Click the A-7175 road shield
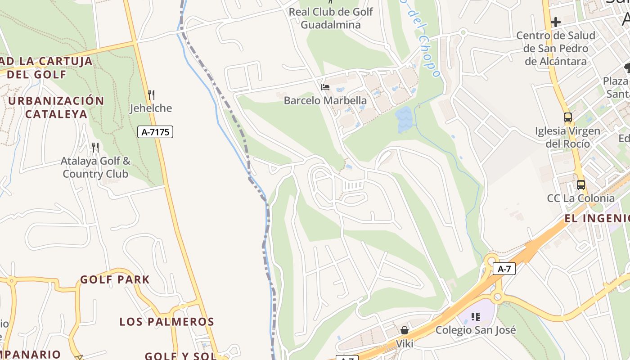(155, 132)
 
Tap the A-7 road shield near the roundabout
(504, 269)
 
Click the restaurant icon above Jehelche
(151, 95)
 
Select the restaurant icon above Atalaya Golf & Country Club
(95, 148)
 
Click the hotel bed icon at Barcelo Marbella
(325, 87)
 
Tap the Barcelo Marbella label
(325, 101)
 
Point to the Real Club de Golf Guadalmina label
(331, 18)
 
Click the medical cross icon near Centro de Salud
(556, 22)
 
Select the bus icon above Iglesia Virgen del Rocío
(567, 117)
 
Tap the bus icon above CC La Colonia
(581, 185)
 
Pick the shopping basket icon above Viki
(405, 330)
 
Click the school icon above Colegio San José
(476, 317)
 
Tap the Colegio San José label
(476, 330)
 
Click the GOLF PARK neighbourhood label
(115, 279)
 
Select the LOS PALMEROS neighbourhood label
(166, 322)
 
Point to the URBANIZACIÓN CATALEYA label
(56, 107)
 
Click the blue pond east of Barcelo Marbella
(404, 119)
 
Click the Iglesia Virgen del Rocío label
(567, 137)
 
